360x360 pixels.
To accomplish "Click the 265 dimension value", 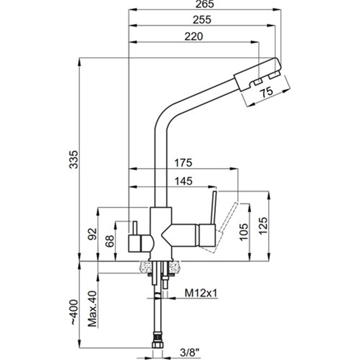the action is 205,4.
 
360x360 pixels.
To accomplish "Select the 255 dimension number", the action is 202,20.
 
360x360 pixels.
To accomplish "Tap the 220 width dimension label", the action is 194,36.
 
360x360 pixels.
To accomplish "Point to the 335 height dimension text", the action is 73,159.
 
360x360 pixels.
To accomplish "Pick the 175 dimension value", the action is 183,163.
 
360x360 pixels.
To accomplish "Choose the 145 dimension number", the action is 184,181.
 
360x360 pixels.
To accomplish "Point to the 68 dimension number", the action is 110,241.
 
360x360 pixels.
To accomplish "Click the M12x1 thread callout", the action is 201,293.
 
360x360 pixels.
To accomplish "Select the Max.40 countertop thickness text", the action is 93,311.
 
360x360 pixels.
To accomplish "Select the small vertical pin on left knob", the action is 135,228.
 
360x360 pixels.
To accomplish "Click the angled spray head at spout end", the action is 258,74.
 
